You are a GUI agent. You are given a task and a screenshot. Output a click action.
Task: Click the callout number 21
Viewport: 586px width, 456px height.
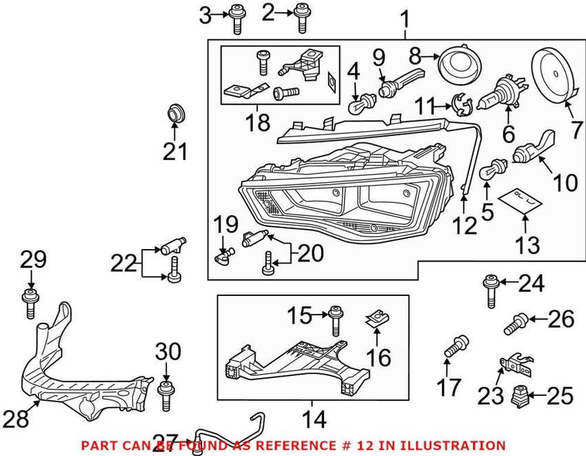(175, 150)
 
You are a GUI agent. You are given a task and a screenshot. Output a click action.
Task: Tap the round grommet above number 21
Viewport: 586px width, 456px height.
(177, 113)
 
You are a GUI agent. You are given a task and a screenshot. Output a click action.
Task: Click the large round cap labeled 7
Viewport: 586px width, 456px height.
(554, 75)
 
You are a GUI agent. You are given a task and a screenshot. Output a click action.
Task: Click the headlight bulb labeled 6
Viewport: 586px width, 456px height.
(502, 100)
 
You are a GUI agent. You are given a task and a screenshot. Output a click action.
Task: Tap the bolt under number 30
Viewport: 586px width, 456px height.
(165, 395)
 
